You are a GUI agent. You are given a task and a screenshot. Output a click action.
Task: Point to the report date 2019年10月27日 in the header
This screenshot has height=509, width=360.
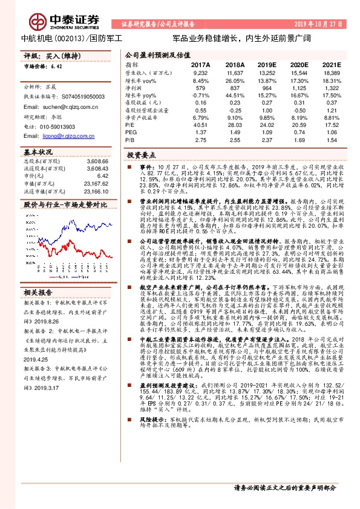coord(321,24)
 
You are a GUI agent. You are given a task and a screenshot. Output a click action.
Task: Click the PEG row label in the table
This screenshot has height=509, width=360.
coord(131,132)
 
